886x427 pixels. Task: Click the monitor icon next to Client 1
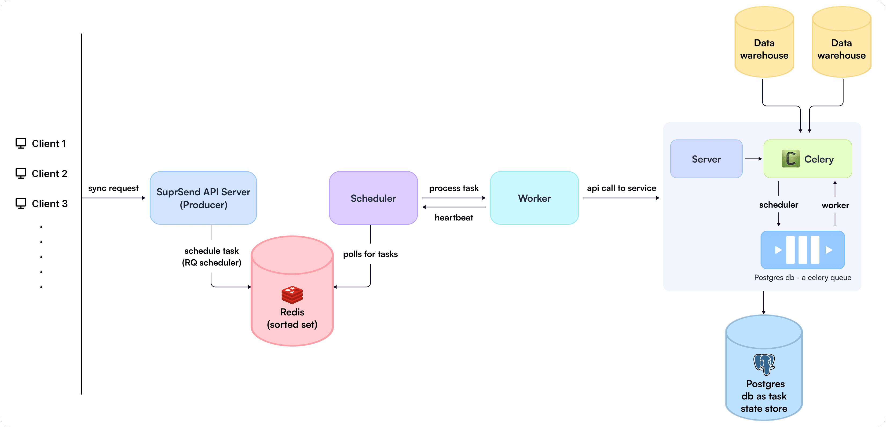(21, 143)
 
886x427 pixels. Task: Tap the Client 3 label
(50, 204)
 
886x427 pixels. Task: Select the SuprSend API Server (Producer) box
(203, 198)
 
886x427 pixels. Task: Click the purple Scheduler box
(373, 198)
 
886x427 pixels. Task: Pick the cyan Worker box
(534, 198)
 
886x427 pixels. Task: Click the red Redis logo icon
(292, 295)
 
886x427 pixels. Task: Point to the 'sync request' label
(113, 188)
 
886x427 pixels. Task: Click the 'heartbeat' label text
(454, 218)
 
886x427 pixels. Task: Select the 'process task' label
(454, 188)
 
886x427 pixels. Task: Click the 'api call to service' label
(621, 188)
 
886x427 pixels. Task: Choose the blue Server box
(706, 159)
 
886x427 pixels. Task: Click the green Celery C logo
(790, 159)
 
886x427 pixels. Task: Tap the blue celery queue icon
(803, 250)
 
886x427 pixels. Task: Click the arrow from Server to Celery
(753, 159)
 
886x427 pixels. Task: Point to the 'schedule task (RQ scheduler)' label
(211, 256)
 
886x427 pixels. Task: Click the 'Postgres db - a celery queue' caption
(803, 277)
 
